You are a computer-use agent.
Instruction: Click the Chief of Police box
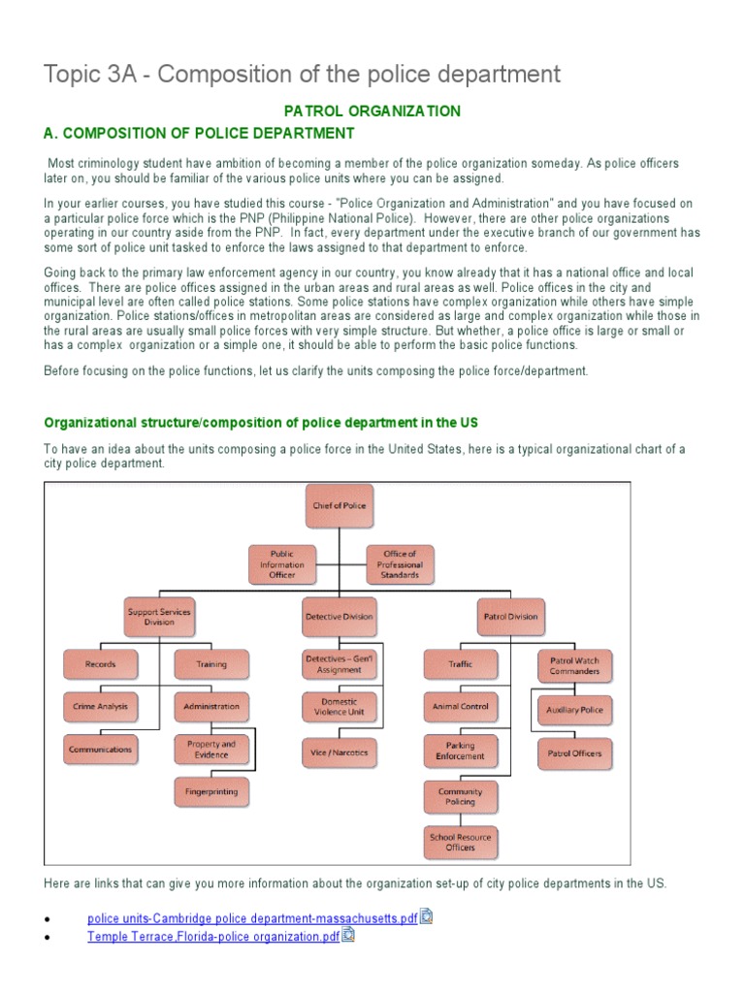point(340,505)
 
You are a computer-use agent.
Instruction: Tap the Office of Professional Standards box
point(400,564)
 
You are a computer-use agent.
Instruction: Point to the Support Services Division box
point(159,616)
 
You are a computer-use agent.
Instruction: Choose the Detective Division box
point(340,616)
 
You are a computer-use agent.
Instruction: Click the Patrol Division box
point(510,616)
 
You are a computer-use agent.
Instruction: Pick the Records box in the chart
point(100,664)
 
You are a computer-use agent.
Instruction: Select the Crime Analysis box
point(100,707)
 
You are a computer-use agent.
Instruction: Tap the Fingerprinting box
point(211,791)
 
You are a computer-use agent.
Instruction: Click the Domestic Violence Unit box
point(340,707)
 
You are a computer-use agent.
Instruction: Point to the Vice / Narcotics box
point(340,752)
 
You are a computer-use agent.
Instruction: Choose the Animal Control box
point(461,707)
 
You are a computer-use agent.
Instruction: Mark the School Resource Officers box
point(461,842)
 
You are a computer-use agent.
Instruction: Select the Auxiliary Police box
point(574,710)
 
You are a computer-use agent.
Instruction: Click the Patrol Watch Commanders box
point(574,665)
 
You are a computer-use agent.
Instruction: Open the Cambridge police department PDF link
point(252,917)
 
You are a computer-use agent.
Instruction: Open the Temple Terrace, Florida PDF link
point(212,937)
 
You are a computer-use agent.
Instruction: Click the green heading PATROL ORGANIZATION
point(372,112)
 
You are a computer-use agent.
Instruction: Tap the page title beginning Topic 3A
point(303,74)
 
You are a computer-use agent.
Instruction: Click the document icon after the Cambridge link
point(426,916)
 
